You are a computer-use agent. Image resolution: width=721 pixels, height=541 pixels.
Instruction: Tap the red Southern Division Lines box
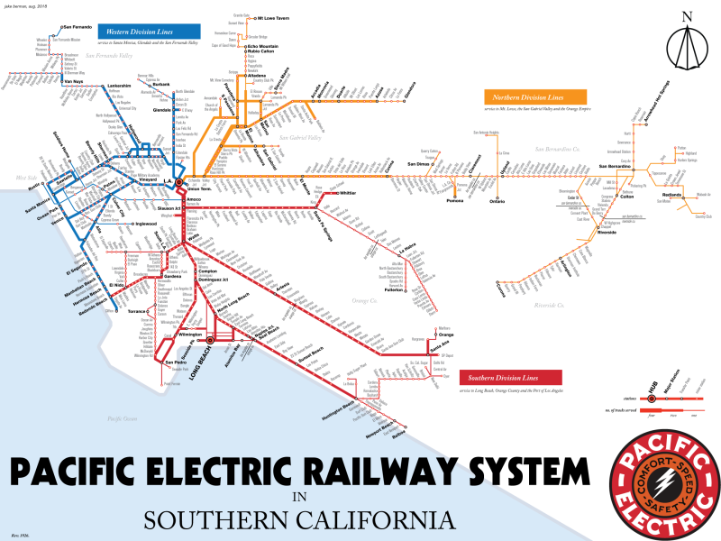click(x=504, y=377)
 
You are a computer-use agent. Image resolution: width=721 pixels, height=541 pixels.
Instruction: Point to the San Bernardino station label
click(x=616, y=166)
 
